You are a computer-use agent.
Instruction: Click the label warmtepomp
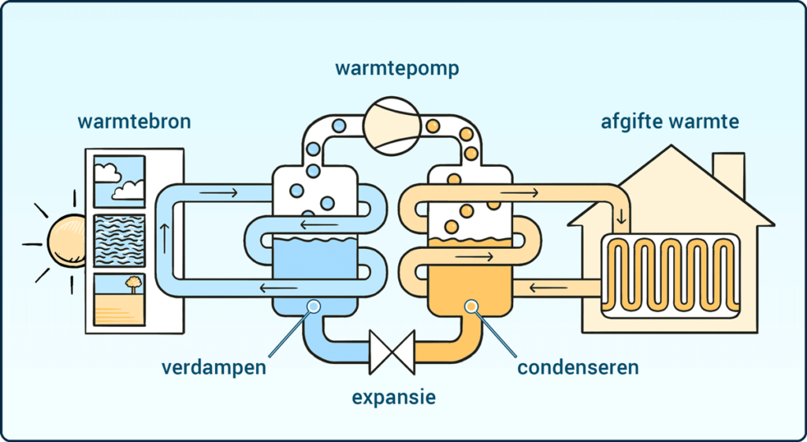[x=396, y=69]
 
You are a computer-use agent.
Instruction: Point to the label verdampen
[x=214, y=368]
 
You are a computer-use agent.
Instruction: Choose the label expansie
[x=393, y=396]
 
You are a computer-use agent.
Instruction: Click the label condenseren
[x=578, y=368]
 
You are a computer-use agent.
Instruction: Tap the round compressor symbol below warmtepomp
[x=392, y=119]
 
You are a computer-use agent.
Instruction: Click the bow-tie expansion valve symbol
[x=392, y=351]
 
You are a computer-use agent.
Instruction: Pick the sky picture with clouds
[x=119, y=181]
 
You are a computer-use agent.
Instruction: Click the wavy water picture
[x=119, y=240]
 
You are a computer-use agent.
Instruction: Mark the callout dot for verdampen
[x=313, y=306]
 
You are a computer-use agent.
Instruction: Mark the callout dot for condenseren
[x=472, y=306]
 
